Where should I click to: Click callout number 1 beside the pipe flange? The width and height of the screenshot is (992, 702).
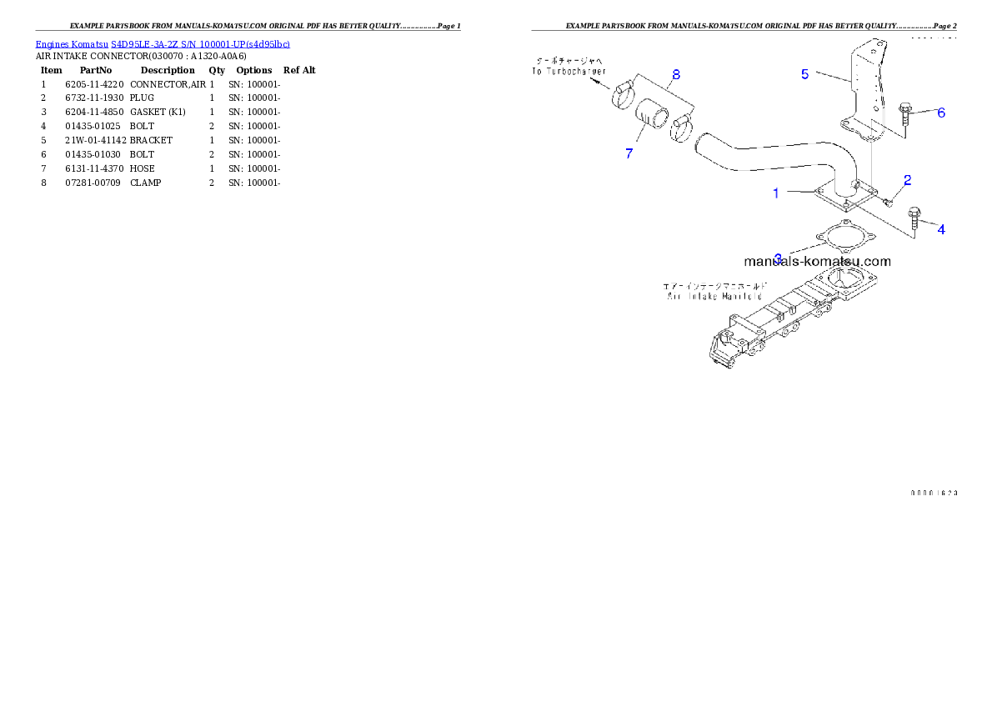[x=776, y=193]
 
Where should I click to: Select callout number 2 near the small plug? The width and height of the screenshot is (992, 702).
[x=908, y=179]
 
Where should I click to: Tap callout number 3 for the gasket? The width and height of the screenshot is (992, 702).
[x=778, y=258]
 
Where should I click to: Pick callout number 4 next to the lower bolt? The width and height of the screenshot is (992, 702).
[x=941, y=229]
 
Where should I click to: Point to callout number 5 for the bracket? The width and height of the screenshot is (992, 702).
[x=805, y=74]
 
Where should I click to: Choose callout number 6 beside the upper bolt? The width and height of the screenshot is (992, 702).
[x=941, y=113]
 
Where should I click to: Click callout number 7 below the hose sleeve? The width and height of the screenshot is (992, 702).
[x=629, y=153]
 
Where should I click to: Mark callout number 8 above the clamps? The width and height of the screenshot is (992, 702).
[x=676, y=74]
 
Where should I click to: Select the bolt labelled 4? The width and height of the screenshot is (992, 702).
[x=914, y=218]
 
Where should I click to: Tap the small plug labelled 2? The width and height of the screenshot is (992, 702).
[x=889, y=198]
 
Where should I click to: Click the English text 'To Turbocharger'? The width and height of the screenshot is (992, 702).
[x=570, y=72]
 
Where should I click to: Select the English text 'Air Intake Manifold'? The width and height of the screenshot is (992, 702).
[x=714, y=296]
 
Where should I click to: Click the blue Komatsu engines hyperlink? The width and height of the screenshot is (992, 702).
[x=163, y=44]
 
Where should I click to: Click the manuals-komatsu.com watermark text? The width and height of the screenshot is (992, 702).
[x=817, y=261]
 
